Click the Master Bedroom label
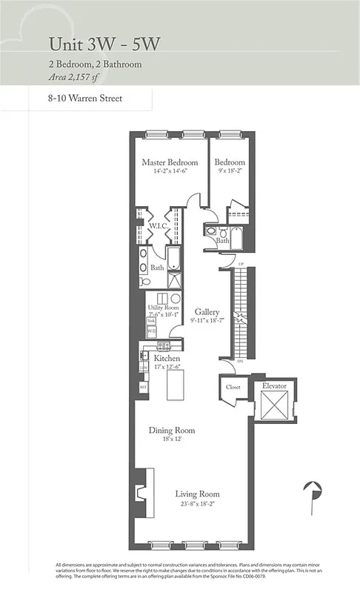pyautogui.click(x=170, y=162)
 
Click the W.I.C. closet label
pyautogui.click(x=158, y=225)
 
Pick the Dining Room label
pyautogui.click(x=171, y=429)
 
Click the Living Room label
pyautogui.click(x=197, y=494)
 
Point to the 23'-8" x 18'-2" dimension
pyautogui.click(x=197, y=504)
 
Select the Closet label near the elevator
pyautogui.click(x=233, y=387)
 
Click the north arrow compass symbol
pyautogui.click(x=315, y=491)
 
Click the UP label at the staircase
pyautogui.click(x=241, y=265)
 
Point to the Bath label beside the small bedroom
pyautogui.click(x=223, y=241)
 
